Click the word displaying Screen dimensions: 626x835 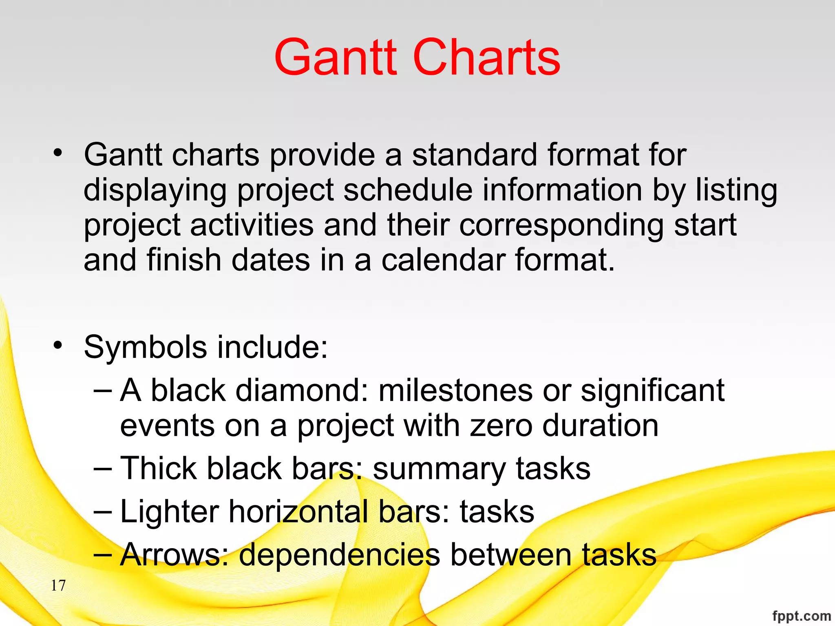coord(155,191)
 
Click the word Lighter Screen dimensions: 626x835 coord(169,512)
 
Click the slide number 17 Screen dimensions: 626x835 coord(58,586)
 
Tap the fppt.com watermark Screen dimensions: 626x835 coord(801,615)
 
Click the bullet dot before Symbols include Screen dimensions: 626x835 coord(58,346)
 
